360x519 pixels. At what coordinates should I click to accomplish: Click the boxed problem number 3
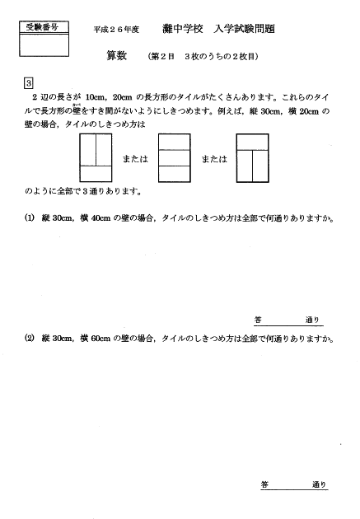point(30,83)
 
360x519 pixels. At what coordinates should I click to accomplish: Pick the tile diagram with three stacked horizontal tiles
point(173,158)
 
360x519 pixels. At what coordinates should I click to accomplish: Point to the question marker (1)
point(29,218)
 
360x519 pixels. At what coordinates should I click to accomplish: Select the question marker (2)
point(29,338)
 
